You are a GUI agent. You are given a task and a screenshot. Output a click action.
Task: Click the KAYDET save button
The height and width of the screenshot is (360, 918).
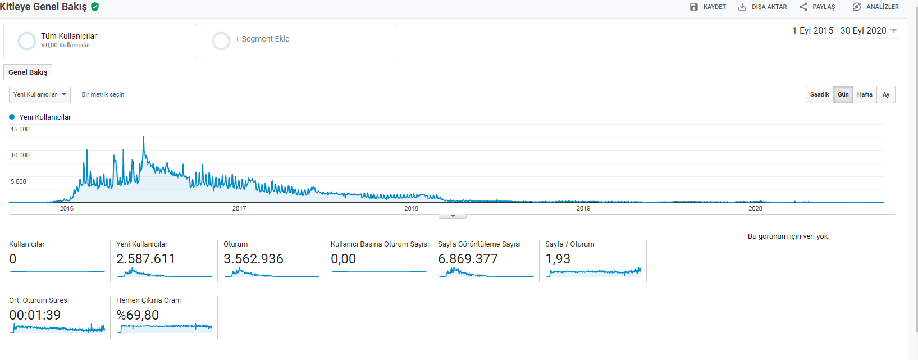(x=708, y=7)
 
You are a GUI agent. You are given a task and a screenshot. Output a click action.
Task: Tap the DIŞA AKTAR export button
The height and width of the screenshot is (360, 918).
(x=762, y=7)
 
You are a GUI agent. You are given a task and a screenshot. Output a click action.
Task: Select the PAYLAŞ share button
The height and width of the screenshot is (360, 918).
(x=817, y=7)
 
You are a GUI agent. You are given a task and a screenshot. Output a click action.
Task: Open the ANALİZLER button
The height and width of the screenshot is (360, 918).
(x=875, y=7)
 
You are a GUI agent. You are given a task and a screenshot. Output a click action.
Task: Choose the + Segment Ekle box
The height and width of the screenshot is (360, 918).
(x=300, y=40)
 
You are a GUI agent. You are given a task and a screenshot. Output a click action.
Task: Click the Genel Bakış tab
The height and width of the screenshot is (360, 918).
(x=28, y=72)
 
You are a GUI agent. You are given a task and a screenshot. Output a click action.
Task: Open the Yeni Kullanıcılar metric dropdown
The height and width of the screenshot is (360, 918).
(x=40, y=94)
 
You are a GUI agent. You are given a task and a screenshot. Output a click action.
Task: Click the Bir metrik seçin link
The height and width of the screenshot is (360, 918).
(x=103, y=94)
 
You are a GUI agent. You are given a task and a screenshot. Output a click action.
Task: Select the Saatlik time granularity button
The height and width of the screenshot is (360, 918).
(x=820, y=94)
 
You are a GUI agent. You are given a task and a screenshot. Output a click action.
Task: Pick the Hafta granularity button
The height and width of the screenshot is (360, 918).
(x=865, y=94)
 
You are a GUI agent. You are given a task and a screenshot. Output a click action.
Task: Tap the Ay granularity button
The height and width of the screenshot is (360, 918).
(x=886, y=94)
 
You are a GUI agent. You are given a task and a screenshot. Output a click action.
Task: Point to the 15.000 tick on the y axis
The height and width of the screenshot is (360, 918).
(x=20, y=129)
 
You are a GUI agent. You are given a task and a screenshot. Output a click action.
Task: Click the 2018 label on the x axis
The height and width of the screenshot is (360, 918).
(x=411, y=208)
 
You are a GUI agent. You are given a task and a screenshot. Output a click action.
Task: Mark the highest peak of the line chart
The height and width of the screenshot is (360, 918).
(x=143, y=136)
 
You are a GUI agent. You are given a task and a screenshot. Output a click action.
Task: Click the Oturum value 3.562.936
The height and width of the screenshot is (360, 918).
(x=253, y=259)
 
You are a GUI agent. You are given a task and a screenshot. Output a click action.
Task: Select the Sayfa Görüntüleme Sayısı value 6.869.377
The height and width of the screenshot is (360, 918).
(x=468, y=259)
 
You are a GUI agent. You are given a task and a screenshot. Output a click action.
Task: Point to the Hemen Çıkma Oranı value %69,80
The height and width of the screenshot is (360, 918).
(x=138, y=315)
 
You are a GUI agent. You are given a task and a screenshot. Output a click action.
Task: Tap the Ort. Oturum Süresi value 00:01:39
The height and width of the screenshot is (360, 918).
(x=35, y=315)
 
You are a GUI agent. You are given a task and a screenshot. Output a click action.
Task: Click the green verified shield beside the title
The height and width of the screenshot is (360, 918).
(x=95, y=7)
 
